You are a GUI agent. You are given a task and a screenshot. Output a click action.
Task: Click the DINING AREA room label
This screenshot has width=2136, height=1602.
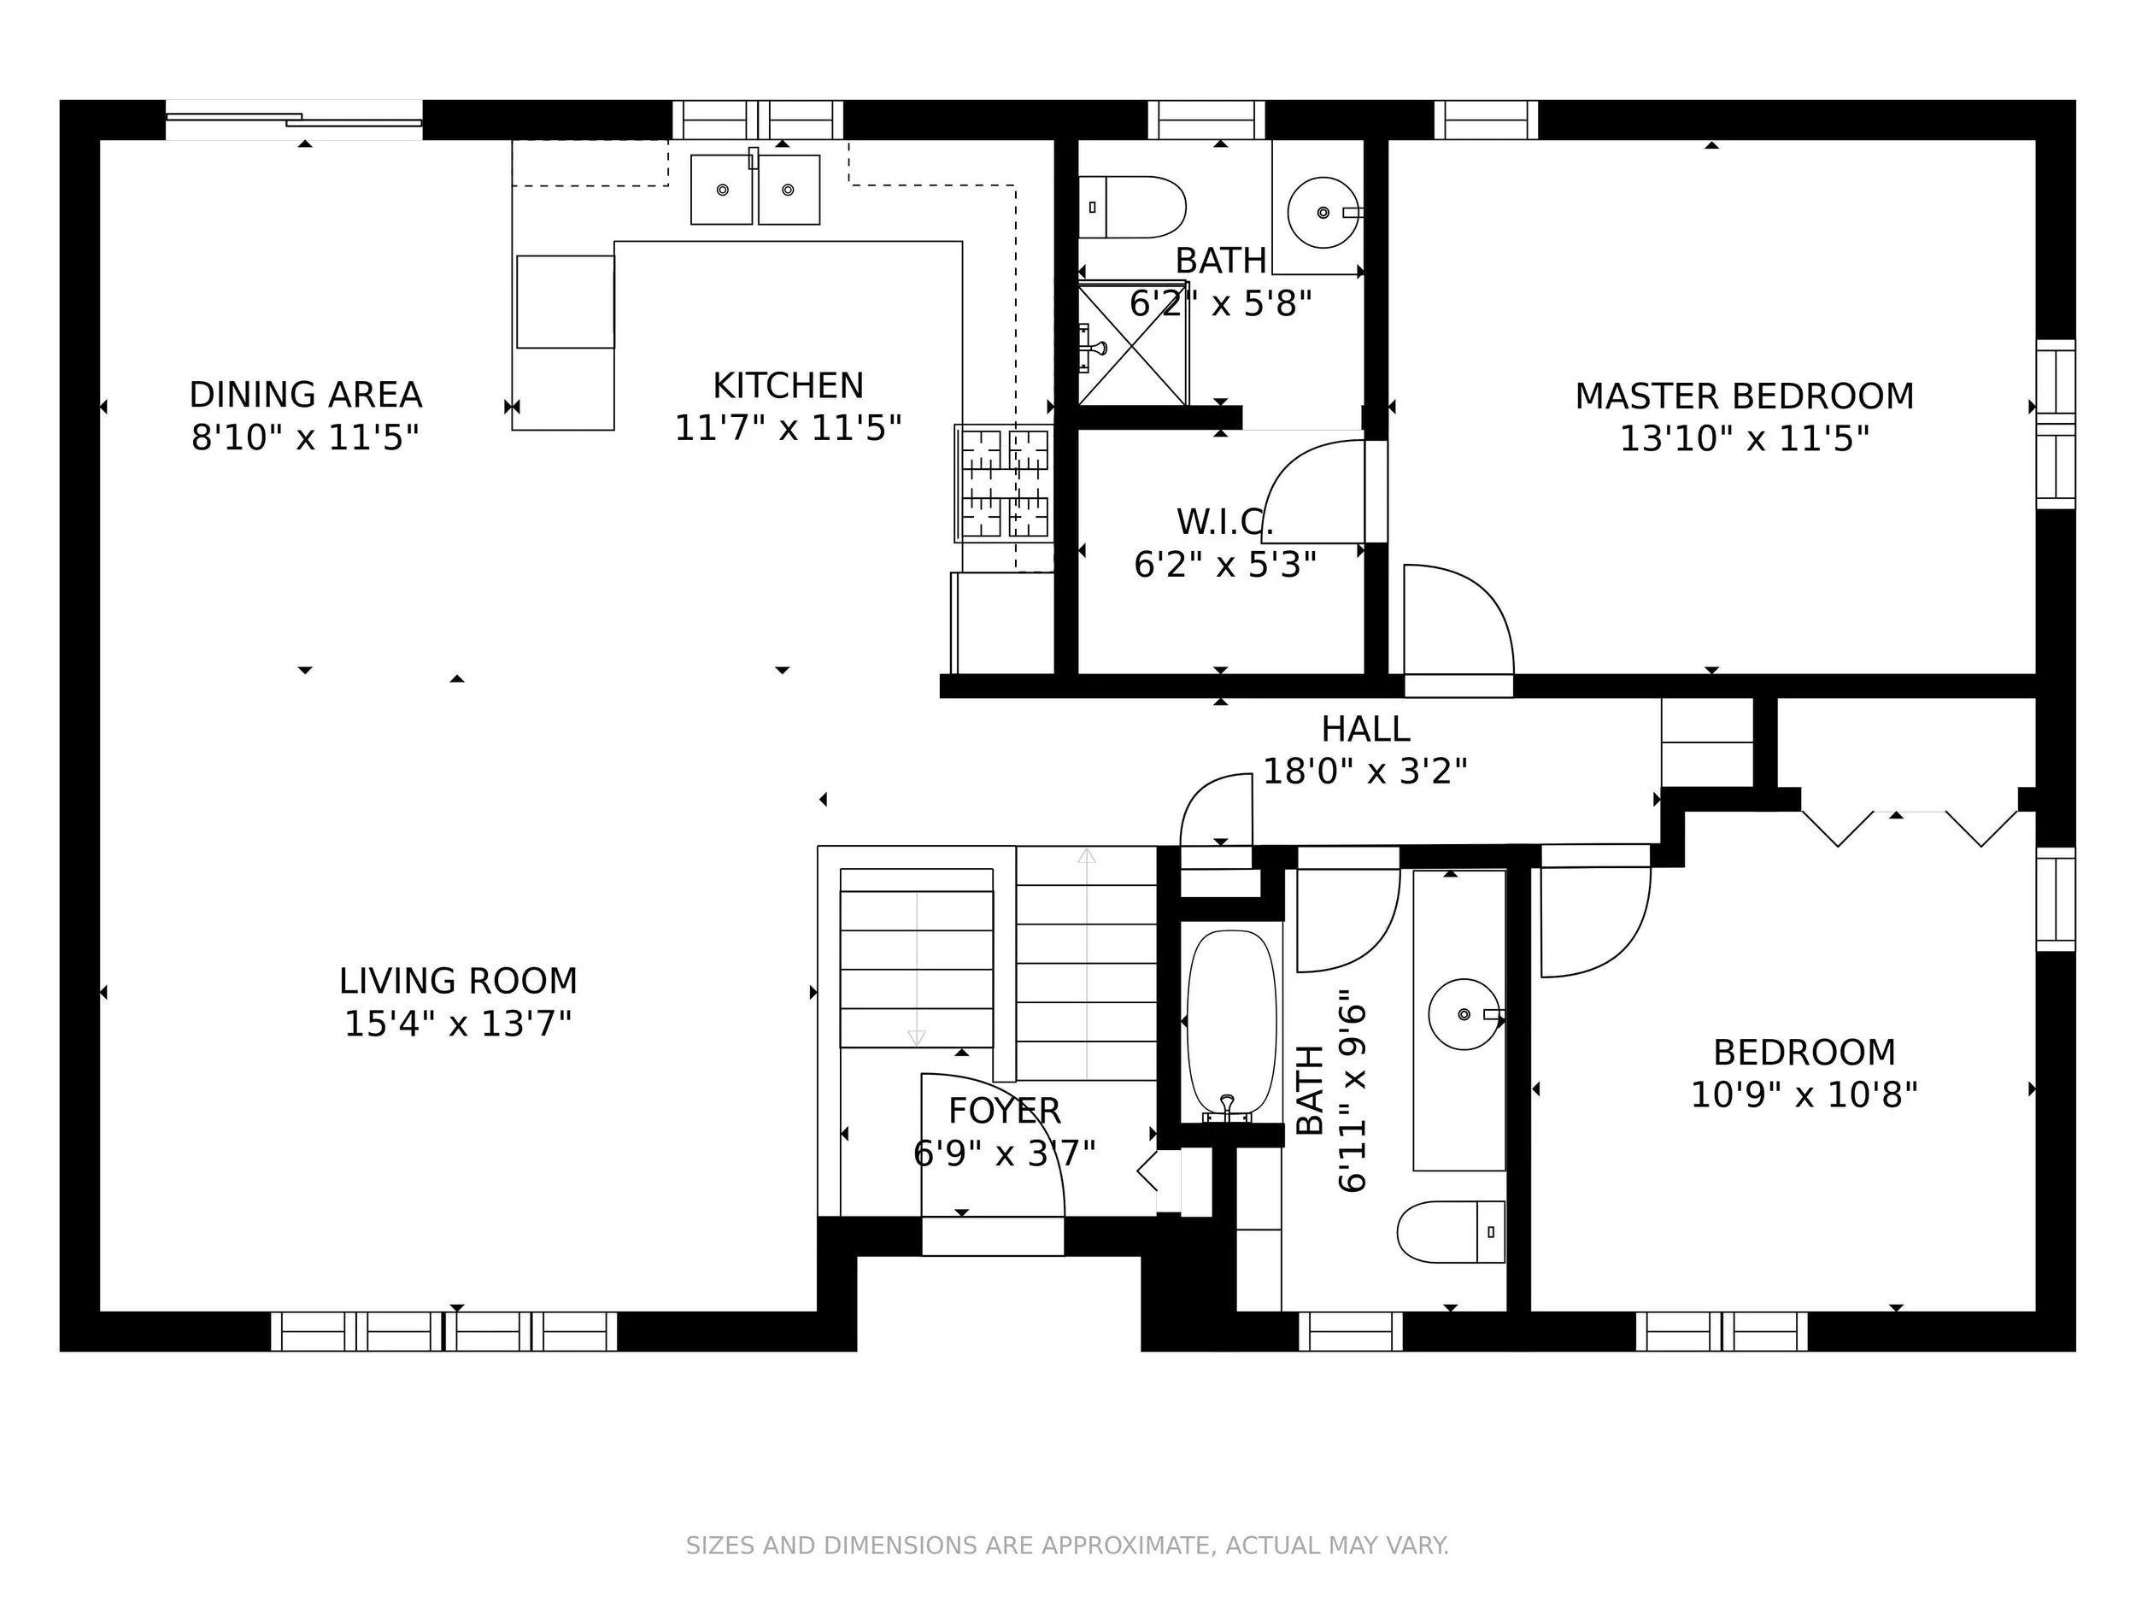[x=305, y=395]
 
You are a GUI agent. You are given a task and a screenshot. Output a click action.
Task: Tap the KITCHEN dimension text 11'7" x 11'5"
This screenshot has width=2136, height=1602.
[x=788, y=428]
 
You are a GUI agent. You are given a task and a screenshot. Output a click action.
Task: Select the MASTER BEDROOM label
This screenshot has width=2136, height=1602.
[x=1744, y=396]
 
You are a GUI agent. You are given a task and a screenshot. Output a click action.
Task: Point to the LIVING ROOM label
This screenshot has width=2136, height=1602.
[x=458, y=981]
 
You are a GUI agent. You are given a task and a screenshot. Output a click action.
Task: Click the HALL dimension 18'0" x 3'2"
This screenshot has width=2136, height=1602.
[x=1365, y=772]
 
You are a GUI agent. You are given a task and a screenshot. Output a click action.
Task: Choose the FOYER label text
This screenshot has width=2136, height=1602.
[x=1004, y=1112]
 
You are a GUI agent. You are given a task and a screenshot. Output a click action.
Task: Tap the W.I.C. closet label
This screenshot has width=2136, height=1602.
[x=1224, y=522]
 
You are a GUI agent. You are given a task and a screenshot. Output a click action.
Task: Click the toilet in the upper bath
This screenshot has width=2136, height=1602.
[x=1132, y=207]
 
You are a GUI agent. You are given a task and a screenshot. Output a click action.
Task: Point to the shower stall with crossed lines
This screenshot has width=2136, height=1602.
[x=1132, y=344]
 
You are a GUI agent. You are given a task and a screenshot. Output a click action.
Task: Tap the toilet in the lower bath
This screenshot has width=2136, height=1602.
[x=1452, y=1231]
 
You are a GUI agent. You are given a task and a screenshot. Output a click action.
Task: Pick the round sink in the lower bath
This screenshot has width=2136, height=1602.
[x=1464, y=1014]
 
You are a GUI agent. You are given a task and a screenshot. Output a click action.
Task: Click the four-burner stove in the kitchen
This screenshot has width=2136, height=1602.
[x=1004, y=483]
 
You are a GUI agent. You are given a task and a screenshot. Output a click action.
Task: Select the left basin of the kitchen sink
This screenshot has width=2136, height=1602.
[x=721, y=190]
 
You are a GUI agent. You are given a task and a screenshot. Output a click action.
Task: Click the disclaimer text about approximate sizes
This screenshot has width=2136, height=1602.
[x=1067, y=1546]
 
